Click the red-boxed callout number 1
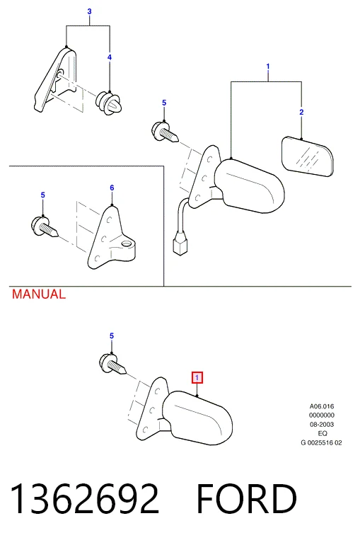[197, 377]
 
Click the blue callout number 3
[89, 11]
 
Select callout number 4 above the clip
[110, 57]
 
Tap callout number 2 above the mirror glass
[301, 112]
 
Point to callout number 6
[112, 188]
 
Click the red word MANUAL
[38, 294]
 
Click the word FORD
[246, 499]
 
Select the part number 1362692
[85, 499]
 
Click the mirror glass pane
[307, 156]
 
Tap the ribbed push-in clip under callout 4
[109, 103]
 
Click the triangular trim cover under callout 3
[56, 79]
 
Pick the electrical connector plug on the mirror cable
[180, 243]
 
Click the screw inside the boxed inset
[45, 226]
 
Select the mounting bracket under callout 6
[111, 239]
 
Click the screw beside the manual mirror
[112, 364]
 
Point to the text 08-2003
[322, 425]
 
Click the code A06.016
[322, 406]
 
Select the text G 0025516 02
[321, 443]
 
